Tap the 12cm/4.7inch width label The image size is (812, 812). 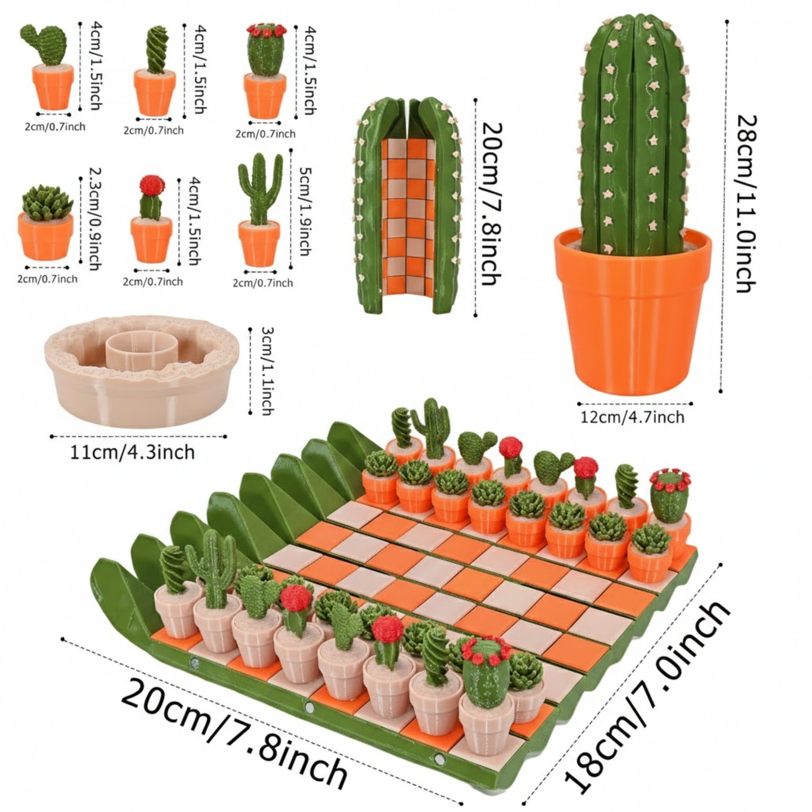pyautogui.click(x=633, y=417)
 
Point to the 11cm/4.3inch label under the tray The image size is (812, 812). pyautogui.click(x=133, y=452)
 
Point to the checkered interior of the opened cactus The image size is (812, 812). pyautogui.click(x=408, y=214)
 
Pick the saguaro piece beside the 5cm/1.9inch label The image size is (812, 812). pyautogui.click(x=260, y=214)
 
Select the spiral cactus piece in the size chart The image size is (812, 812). pyautogui.click(x=155, y=73)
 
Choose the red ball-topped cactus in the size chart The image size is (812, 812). pyautogui.click(x=151, y=219)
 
